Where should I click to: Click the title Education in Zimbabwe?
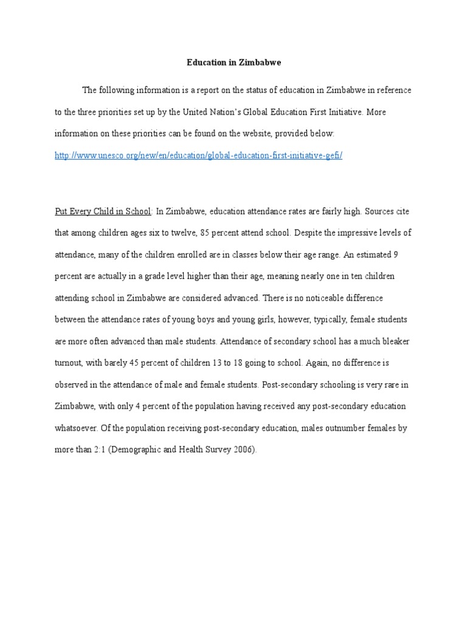pos(233,63)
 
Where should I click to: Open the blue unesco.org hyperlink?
pos(199,155)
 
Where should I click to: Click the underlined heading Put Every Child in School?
pos(103,211)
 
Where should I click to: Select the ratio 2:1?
pos(98,450)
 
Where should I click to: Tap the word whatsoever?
pos(77,428)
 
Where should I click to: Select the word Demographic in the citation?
pos(136,450)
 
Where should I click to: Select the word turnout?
pos(69,363)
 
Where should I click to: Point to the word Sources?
pos(377,211)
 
